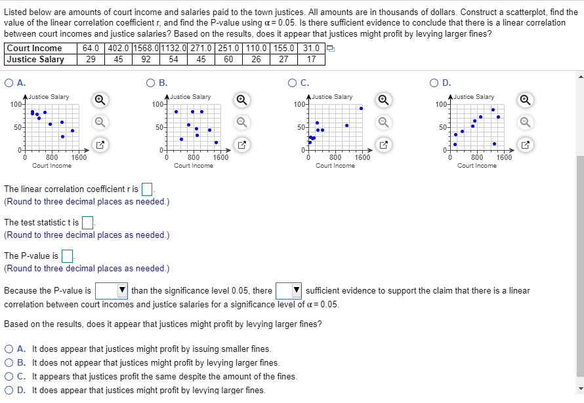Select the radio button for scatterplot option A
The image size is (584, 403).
9,83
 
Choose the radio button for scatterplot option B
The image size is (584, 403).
152,83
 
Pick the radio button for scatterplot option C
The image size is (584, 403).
293,83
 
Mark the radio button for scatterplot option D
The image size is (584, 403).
435,83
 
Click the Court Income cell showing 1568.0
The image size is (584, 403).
146,48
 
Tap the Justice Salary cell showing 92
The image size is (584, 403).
146,59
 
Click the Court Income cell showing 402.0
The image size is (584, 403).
119,48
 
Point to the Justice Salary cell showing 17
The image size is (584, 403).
312,59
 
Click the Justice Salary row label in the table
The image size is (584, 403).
35,59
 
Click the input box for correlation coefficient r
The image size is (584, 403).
148,190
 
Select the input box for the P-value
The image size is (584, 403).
67,256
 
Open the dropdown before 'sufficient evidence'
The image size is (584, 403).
289,290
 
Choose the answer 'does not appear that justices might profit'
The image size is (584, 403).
9,363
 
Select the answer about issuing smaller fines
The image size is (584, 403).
9,349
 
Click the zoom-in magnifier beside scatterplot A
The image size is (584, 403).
100,100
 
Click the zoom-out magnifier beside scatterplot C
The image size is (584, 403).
384,121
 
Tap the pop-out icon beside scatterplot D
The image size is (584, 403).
526,143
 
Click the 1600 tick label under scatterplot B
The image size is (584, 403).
220,157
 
